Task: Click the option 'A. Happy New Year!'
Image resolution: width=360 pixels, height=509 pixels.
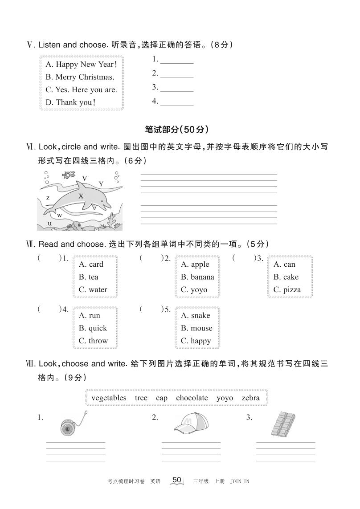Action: (x=81, y=64)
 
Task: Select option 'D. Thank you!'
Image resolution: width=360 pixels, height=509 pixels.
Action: (x=70, y=102)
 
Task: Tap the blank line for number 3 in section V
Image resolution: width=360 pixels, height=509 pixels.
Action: (x=176, y=88)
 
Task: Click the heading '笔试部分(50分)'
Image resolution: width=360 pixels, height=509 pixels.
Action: (x=177, y=130)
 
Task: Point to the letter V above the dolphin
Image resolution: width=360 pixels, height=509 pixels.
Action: (x=84, y=178)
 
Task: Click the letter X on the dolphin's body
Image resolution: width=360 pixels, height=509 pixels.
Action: (x=81, y=196)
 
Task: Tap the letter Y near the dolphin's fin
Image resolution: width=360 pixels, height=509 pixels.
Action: (x=101, y=184)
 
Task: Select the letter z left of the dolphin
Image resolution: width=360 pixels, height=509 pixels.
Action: (x=48, y=198)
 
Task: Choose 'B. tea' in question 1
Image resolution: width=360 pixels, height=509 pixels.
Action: (x=88, y=277)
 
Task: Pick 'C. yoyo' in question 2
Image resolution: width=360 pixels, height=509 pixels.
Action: (x=194, y=289)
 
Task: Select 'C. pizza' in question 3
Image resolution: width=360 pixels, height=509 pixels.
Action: (x=287, y=289)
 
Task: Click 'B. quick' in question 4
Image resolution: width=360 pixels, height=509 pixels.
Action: (x=93, y=328)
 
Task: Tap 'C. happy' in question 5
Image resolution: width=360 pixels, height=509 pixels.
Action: (x=196, y=341)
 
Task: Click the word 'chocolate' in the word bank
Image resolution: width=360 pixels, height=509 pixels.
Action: (x=192, y=398)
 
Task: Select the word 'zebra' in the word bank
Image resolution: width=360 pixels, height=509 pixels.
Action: (x=250, y=398)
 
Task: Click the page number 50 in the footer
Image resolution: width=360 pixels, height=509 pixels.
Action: (x=176, y=480)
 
